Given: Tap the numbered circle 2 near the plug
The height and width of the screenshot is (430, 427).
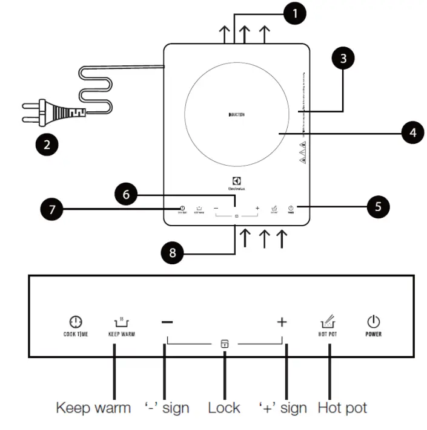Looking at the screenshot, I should pos(47,145).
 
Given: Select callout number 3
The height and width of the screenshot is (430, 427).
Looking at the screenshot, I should pos(343,58).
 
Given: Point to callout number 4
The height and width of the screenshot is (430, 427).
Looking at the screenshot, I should pos(412,132).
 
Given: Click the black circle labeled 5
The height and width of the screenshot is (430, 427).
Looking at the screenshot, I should pos(378,207).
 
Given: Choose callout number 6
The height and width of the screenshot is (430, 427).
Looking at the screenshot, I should pos(126,194).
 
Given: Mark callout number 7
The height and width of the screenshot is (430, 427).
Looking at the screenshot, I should pos(51,210).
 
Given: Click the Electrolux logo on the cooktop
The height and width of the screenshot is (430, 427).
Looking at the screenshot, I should pos(236,183).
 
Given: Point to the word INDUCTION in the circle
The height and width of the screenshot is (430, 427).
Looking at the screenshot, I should pos(236,114).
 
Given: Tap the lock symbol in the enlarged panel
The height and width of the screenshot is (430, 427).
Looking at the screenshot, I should pos(225,344).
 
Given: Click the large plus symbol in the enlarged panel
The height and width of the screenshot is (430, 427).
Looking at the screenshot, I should pos(282,322).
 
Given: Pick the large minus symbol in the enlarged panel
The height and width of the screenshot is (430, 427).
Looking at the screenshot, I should pos(167,322).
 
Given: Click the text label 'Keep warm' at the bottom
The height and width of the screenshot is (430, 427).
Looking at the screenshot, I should pos(93,408).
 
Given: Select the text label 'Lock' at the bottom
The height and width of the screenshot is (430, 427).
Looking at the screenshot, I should pos(224,408).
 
